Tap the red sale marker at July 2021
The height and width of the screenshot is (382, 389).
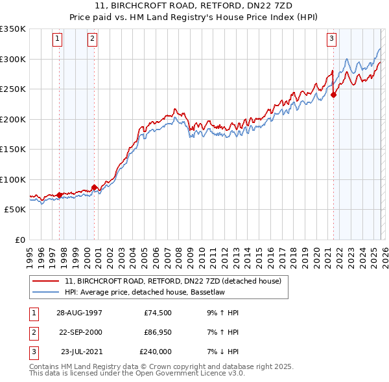[x=334, y=95]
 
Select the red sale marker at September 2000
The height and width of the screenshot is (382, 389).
[x=94, y=188]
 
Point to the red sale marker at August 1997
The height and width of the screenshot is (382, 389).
[x=59, y=195]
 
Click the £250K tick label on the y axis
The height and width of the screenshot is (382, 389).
[x=13, y=89]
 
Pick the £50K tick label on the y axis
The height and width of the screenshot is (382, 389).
[x=15, y=210]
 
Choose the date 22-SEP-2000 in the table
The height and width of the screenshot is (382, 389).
[x=80, y=332]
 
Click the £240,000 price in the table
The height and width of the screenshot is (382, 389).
[x=156, y=352]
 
